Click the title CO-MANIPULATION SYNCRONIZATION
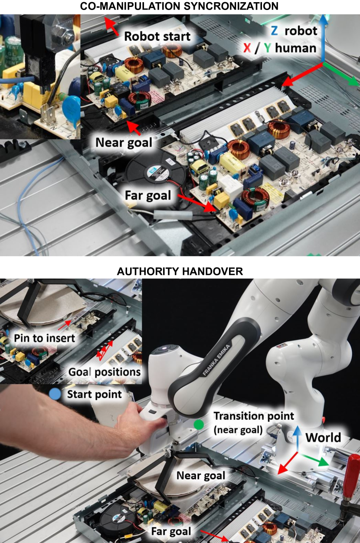coord(179,6)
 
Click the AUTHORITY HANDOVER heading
coord(180,271)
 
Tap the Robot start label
coord(157,36)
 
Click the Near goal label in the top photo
coord(124,142)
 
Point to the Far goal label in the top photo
coord(148,195)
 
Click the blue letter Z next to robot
coord(275,31)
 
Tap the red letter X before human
coord(247,48)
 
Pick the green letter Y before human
coord(268,48)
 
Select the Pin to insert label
coord(45,338)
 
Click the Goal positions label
coord(105,372)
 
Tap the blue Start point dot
coord(55,394)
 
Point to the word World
coord(323,438)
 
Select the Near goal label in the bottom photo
coord(201,475)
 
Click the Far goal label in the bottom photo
coord(171,531)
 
